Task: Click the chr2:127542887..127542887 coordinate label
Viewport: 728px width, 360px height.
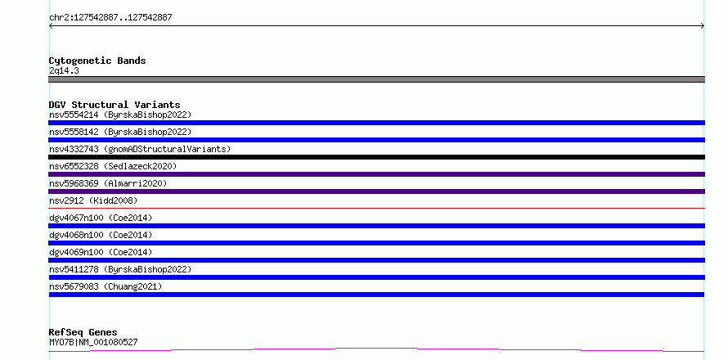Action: (x=110, y=18)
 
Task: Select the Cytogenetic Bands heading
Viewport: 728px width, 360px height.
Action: (x=97, y=61)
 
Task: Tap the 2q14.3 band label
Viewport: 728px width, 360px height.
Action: (x=64, y=70)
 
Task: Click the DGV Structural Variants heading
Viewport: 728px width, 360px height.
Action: (x=115, y=105)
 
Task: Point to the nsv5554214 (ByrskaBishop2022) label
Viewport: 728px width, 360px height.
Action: (x=120, y=115)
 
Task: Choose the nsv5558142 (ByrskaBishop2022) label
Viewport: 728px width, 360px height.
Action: (x=120, y=132)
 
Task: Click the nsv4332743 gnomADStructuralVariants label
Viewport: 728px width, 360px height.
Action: (x=140, y=149)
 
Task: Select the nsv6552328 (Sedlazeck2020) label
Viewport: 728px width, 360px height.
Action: (x=113, y=166)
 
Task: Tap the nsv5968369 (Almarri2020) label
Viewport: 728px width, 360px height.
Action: (x=108, y=183)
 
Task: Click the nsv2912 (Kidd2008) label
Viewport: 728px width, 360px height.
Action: (x=93, y=200)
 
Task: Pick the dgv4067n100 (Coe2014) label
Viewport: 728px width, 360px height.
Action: (x=101, y=218)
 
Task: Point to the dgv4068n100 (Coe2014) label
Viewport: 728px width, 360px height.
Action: (x=101, y=235)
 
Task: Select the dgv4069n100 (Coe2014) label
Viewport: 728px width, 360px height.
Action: (x=101, y=252)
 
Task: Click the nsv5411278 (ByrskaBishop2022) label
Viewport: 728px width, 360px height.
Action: (x=120, y=269)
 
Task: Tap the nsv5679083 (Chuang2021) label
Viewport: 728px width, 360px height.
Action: (x=106, y=286)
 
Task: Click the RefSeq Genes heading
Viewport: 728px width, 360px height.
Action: (x=83, y=332)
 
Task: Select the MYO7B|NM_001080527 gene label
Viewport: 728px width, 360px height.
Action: (x=93, y=342)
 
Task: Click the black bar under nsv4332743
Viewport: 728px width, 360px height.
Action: (x=376, y=157)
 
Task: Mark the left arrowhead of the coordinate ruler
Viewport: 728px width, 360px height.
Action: (x=50, y=26)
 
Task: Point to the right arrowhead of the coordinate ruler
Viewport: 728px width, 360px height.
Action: (x=703, y=26)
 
